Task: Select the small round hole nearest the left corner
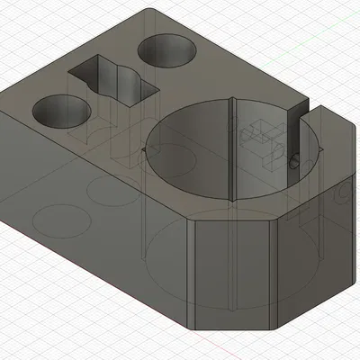[61, 111]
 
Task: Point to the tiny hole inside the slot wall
[295, 163]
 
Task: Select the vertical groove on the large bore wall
[232, 148]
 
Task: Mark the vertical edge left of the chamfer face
[193, 270]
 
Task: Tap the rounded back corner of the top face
[153, 11]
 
